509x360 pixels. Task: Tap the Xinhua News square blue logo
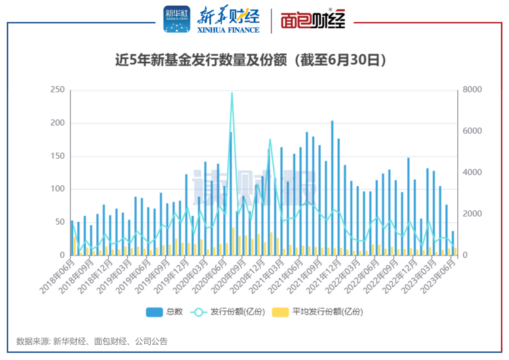[x=177, y=19]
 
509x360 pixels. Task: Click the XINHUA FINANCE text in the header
[x=228, y=29]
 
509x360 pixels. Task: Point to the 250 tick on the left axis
[x=57, y=90]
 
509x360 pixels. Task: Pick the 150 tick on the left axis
[x=57, y=156]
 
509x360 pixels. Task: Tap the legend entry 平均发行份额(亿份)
[x=318, y=312]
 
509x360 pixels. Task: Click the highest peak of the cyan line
[x=232, y=93]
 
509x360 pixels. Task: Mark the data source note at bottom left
[x=92, y=341]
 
